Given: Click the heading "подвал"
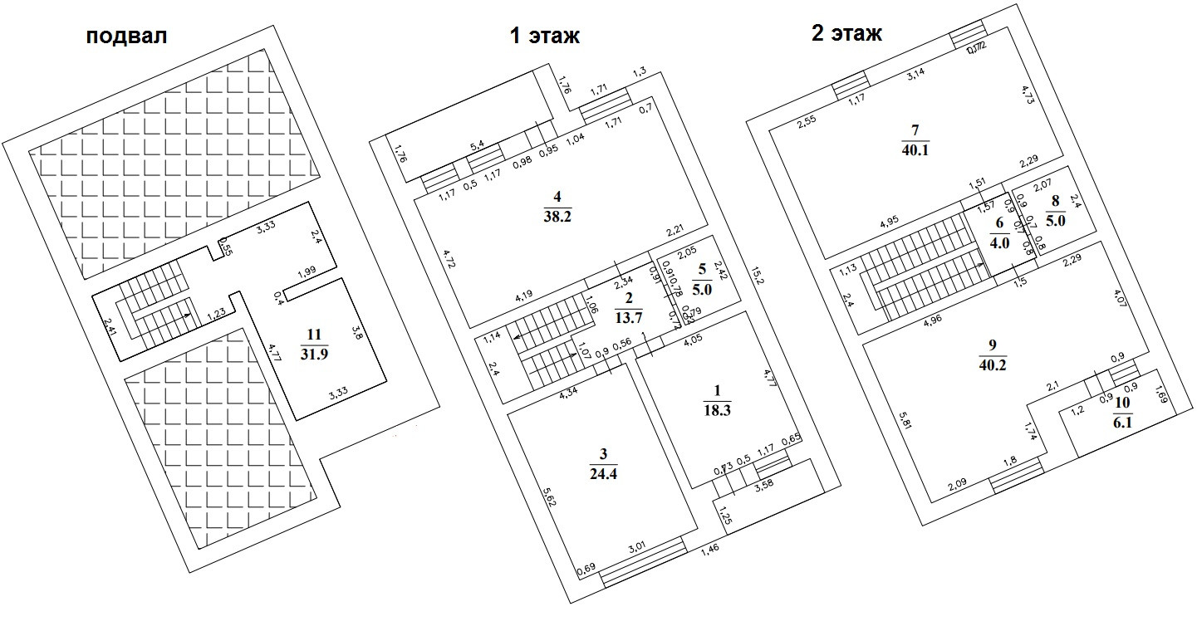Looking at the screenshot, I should [x=126, y=37].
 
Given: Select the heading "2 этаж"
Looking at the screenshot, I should [x=846, y=33].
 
